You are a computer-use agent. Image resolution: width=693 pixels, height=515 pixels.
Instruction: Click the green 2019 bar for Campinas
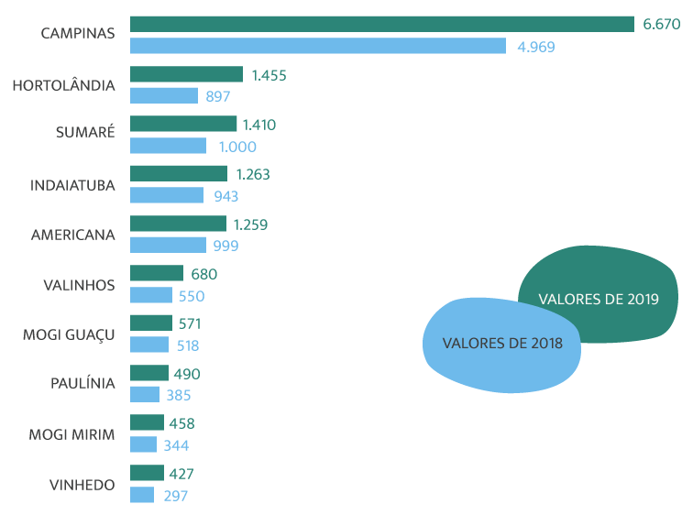[381, 24]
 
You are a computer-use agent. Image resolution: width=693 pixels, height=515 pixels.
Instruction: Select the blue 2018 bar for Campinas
[317, 46]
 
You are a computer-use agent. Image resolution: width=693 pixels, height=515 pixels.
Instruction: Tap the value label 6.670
[661, 25]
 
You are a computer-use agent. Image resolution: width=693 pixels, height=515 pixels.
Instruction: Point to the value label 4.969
[535, 47]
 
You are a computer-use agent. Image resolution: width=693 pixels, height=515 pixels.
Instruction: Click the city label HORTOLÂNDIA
[63, 86]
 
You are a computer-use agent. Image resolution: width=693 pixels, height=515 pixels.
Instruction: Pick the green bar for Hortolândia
[186, 74]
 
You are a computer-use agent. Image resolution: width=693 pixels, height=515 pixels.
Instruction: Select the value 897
[217, 96]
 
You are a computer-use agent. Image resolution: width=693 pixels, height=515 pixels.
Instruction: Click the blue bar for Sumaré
[168, 146]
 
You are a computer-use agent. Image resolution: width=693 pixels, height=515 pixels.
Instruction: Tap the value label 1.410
[259, 125]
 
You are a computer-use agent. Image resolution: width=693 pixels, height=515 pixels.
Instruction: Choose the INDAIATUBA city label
[72, 185]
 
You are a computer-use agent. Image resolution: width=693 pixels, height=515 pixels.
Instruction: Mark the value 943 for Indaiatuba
[225, 196]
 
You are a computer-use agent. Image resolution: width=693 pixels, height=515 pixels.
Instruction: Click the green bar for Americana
[178, 224]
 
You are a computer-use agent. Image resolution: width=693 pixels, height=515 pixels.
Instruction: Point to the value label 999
[225, 246]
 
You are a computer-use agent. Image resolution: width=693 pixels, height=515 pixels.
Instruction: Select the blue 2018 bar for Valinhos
[150, 295]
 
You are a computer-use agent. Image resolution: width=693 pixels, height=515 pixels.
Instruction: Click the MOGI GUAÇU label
[69, 334]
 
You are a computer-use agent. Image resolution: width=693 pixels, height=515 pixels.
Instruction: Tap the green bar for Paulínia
[148, 373]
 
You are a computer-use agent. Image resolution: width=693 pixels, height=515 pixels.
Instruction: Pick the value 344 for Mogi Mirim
[176, 444]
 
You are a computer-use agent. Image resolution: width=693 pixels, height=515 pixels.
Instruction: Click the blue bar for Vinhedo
[141, 495]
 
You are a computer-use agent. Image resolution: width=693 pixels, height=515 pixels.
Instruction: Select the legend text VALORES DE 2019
[598, 299]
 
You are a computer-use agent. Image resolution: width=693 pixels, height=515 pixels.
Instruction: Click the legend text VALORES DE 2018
[502, 344]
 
